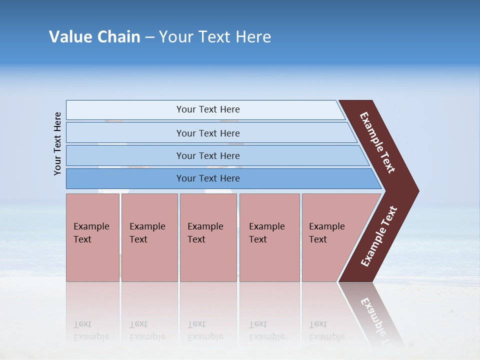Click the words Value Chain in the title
[x=94, y=37]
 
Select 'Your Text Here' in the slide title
[x=215, y=37]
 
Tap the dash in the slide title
[x=149, y=37]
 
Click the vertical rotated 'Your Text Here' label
[x=58, y=143]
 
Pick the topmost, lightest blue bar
[x=208, y=109]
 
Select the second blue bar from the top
[x=208, y=133]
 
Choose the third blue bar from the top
[x=208, y=155]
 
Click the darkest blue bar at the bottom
[x=208, y=178]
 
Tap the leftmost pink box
[x=92, y=237]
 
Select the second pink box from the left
[x=149, y=237]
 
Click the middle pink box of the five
[x=208, y=237]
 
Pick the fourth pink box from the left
[x=269, y=237]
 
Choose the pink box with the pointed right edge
[x=335, y=237]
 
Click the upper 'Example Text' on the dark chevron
[x=377, y=142]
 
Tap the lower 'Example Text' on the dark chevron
[x=379, y=236]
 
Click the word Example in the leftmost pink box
[x=91, y=226]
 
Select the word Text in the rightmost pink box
[x=317, y=239]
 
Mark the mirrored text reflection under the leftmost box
[x=91, y=330]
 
